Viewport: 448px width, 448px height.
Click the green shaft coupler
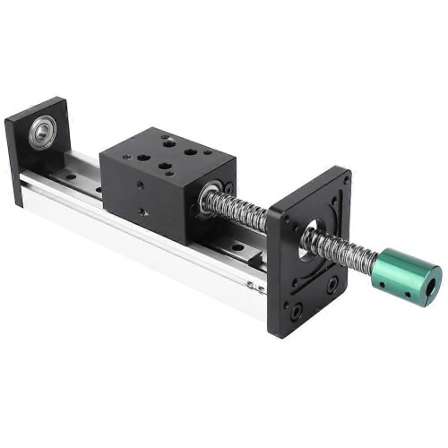(x=405, y=269)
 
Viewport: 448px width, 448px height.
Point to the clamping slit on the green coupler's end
(x=436, y=270)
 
